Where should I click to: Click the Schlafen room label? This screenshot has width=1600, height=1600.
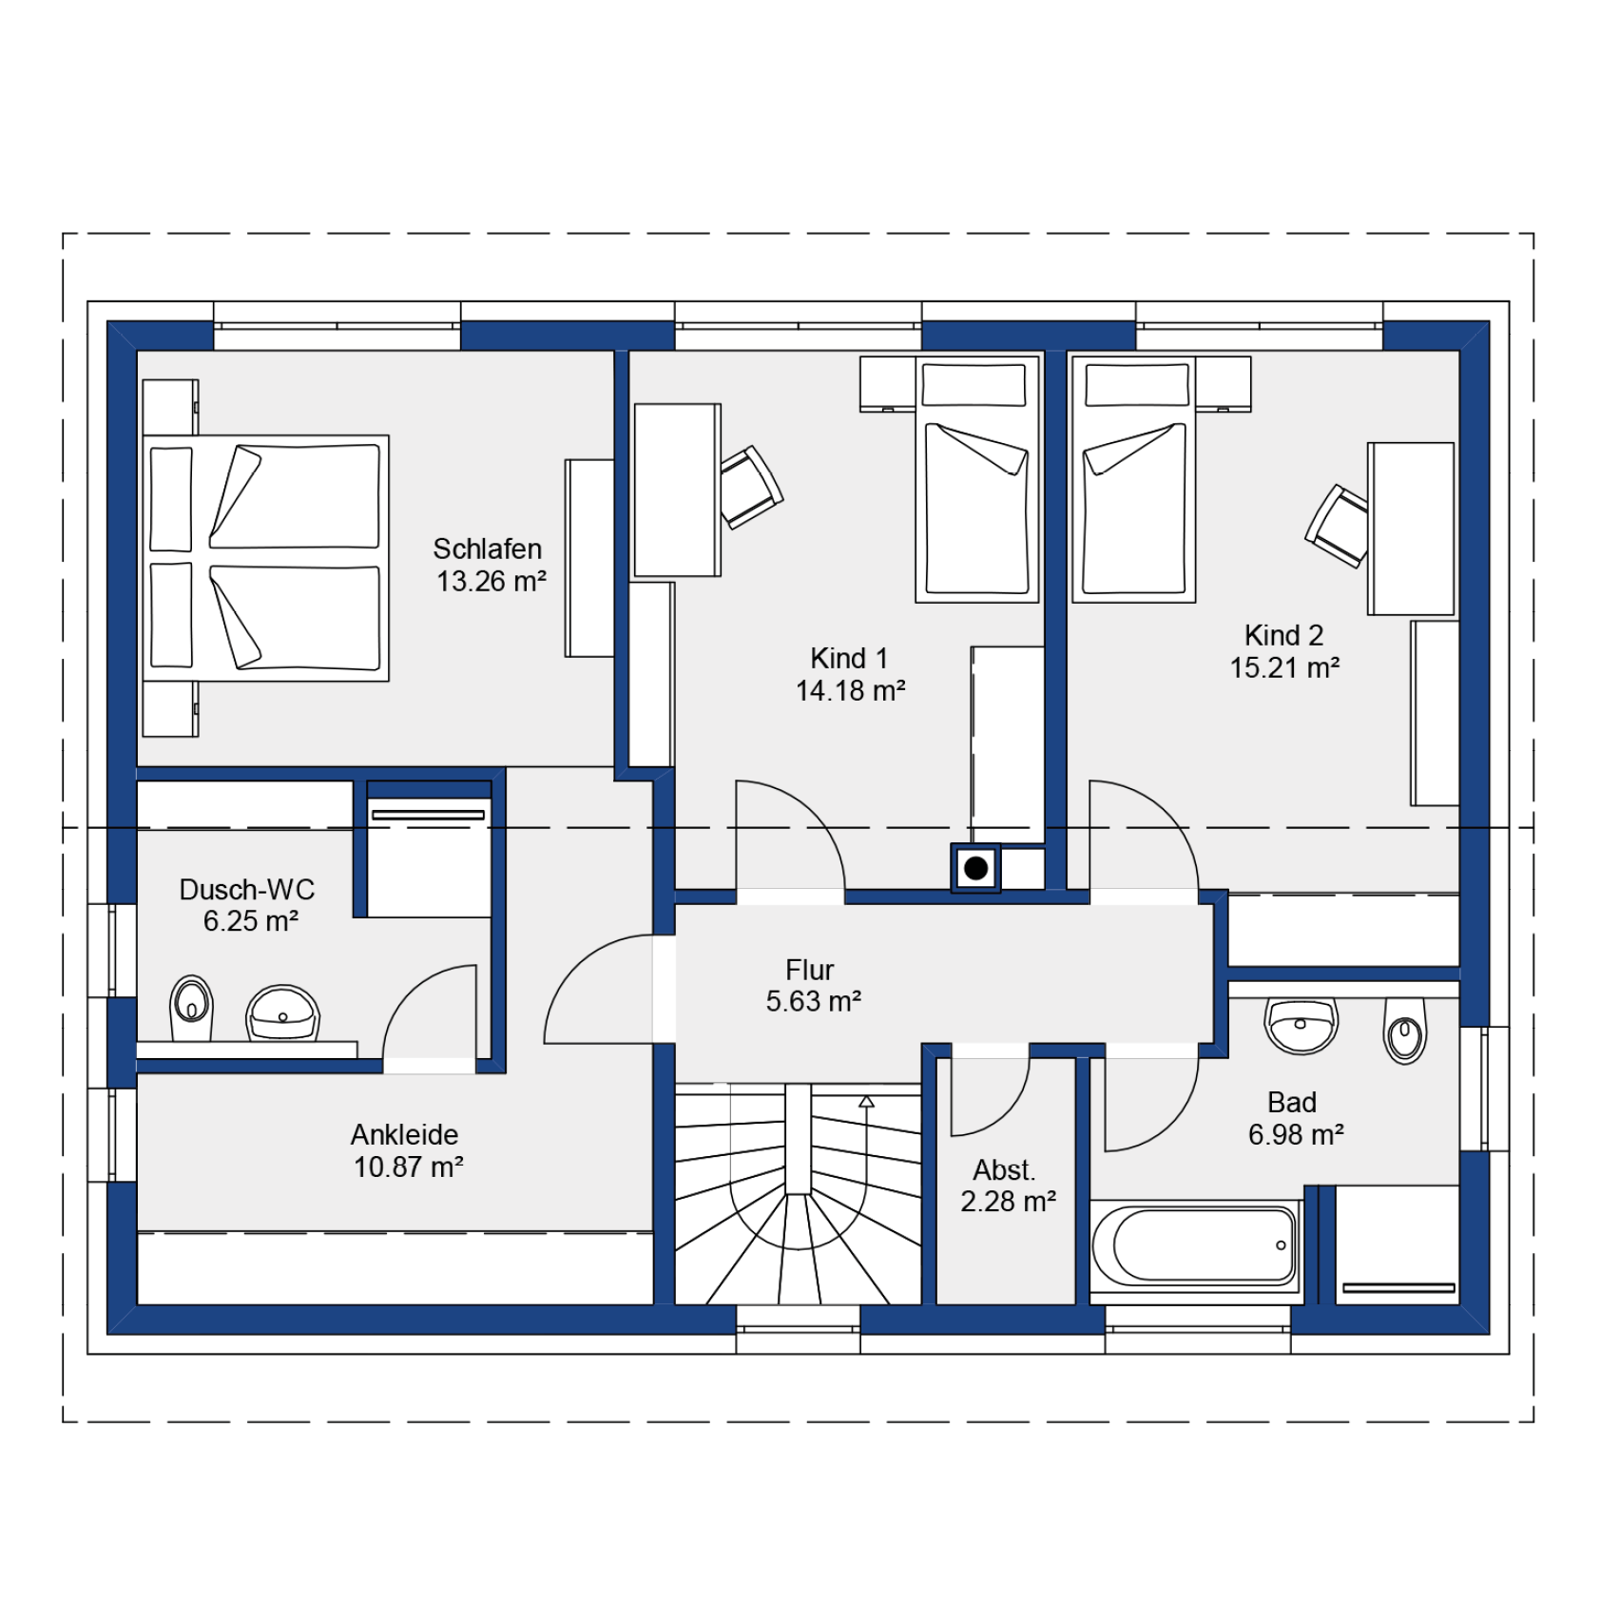coord(487,549)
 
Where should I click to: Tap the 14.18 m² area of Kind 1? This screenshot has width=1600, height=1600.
coord(850,690)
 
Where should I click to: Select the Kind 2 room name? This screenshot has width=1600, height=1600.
coord(1283,635)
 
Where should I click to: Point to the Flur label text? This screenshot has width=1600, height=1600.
coord(809,970)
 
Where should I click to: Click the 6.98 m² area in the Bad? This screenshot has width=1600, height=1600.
coord(1295,1134)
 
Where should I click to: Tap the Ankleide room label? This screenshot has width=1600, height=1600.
coord(404,1134)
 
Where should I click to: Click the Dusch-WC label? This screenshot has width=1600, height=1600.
coord(246,889)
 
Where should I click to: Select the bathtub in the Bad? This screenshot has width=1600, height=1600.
coord(1195,1244)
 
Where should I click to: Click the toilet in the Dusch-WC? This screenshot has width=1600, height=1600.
coord(191,1008)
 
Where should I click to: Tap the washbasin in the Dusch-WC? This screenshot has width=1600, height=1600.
coord(282,1013)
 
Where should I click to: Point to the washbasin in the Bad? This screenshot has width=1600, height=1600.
coord(1301,1026)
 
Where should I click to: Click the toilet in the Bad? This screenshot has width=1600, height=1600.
coord(1404,1030)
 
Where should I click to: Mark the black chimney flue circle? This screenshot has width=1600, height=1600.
coord(975,868)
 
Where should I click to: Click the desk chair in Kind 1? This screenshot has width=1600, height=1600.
coord(751,487)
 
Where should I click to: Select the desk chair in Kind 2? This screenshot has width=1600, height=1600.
coord(1339,526)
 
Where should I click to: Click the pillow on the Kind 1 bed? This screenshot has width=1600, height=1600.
coord(973,385)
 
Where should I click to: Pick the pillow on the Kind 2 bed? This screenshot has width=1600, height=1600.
coord(1137,385)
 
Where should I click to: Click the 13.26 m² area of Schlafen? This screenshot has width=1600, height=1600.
coord(491,581)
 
